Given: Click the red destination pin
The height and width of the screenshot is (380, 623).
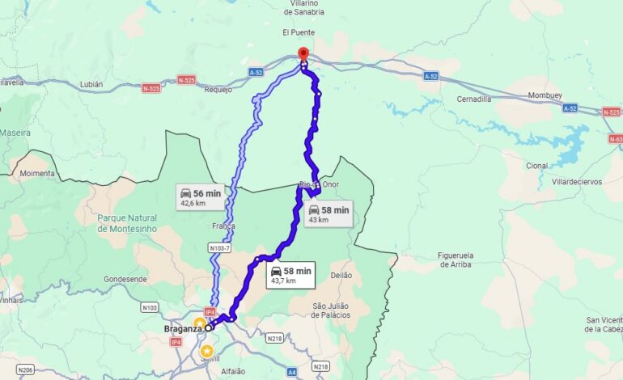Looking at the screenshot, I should [x=303, y=54].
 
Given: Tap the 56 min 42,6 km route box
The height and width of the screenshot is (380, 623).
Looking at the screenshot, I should [x=200, y=196].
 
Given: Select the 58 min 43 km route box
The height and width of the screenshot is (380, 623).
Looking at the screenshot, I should [x=328, y=214].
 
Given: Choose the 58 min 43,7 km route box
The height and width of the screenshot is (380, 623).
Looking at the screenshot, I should [x=290, y=275].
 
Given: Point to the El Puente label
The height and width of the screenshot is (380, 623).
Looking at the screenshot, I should [x=298, y=32].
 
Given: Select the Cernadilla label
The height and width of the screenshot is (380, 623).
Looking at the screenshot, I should [x=473, y=99].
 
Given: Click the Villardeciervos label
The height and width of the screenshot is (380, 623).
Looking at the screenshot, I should [x=577, y=182].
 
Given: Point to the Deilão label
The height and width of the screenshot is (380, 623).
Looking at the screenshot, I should [x=341, y=276].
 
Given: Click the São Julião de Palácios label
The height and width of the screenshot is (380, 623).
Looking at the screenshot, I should [x=342, y=310].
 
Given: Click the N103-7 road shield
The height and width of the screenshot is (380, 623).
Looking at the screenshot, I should [x=220, y=248].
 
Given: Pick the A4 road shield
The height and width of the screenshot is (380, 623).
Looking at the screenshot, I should [x=292, y=373].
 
